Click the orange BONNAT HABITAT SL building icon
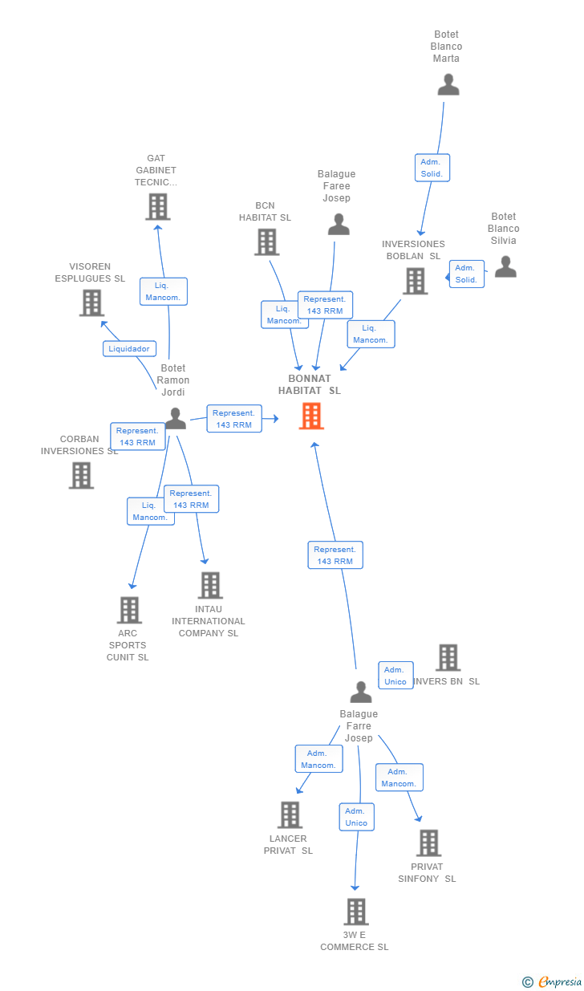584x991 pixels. point(311,416)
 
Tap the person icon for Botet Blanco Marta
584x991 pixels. point(448,85)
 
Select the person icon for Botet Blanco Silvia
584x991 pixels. point(505,266)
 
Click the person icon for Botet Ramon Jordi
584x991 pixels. point(176,419)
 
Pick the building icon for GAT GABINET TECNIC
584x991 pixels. point(158,207)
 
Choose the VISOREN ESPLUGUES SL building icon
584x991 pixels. point(91,303)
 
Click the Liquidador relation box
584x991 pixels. point(129,348)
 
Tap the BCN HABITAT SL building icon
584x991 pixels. point(267,242)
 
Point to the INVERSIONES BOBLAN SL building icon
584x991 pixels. point(415,282)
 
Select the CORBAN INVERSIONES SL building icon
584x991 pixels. point(81,476)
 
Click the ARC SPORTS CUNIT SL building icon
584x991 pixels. point(130,610)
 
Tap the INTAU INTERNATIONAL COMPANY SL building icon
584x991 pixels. point(210,585)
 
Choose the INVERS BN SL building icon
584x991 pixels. point(448,657)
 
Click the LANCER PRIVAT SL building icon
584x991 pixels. point(290,815)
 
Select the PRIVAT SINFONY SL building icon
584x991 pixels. point(428,843)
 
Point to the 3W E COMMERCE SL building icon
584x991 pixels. point(356,912)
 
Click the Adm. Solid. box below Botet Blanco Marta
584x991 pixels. point(432,168)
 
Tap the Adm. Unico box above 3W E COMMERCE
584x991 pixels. point(357,817)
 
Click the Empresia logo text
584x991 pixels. point(560,981)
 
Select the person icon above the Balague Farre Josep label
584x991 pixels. point(361,692)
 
